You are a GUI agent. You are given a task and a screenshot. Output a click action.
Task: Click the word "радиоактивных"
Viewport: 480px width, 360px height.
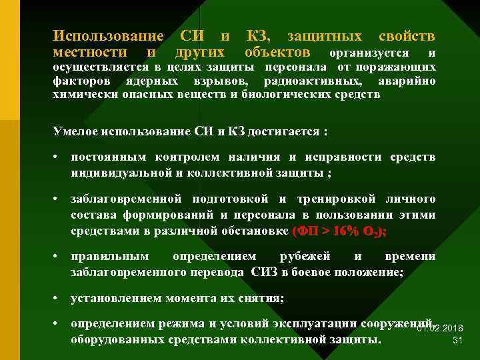tap(314, 81)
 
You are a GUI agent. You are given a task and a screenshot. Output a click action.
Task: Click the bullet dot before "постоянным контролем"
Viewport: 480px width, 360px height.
tap(58, 158)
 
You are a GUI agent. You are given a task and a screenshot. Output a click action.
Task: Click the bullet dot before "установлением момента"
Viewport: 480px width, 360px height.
tap(58, 298)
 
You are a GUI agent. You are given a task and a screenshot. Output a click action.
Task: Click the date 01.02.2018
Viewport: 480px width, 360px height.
tap(440, 329)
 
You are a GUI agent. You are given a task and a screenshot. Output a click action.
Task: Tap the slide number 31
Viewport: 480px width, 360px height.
tap(457, 340)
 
